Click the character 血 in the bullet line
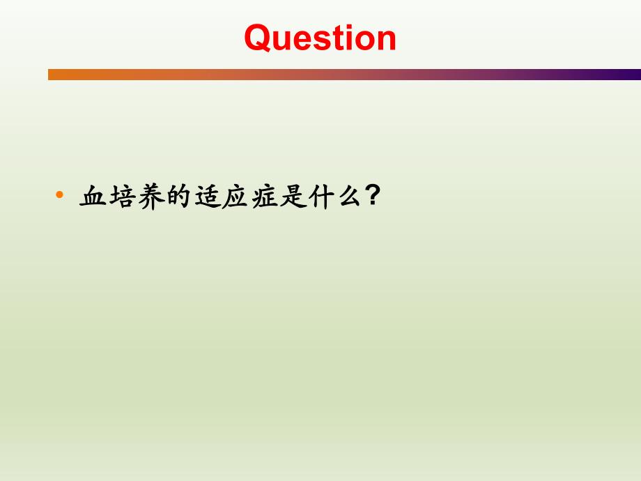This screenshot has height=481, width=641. tap(93, 197)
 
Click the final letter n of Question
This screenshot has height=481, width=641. tap(386, 40)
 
